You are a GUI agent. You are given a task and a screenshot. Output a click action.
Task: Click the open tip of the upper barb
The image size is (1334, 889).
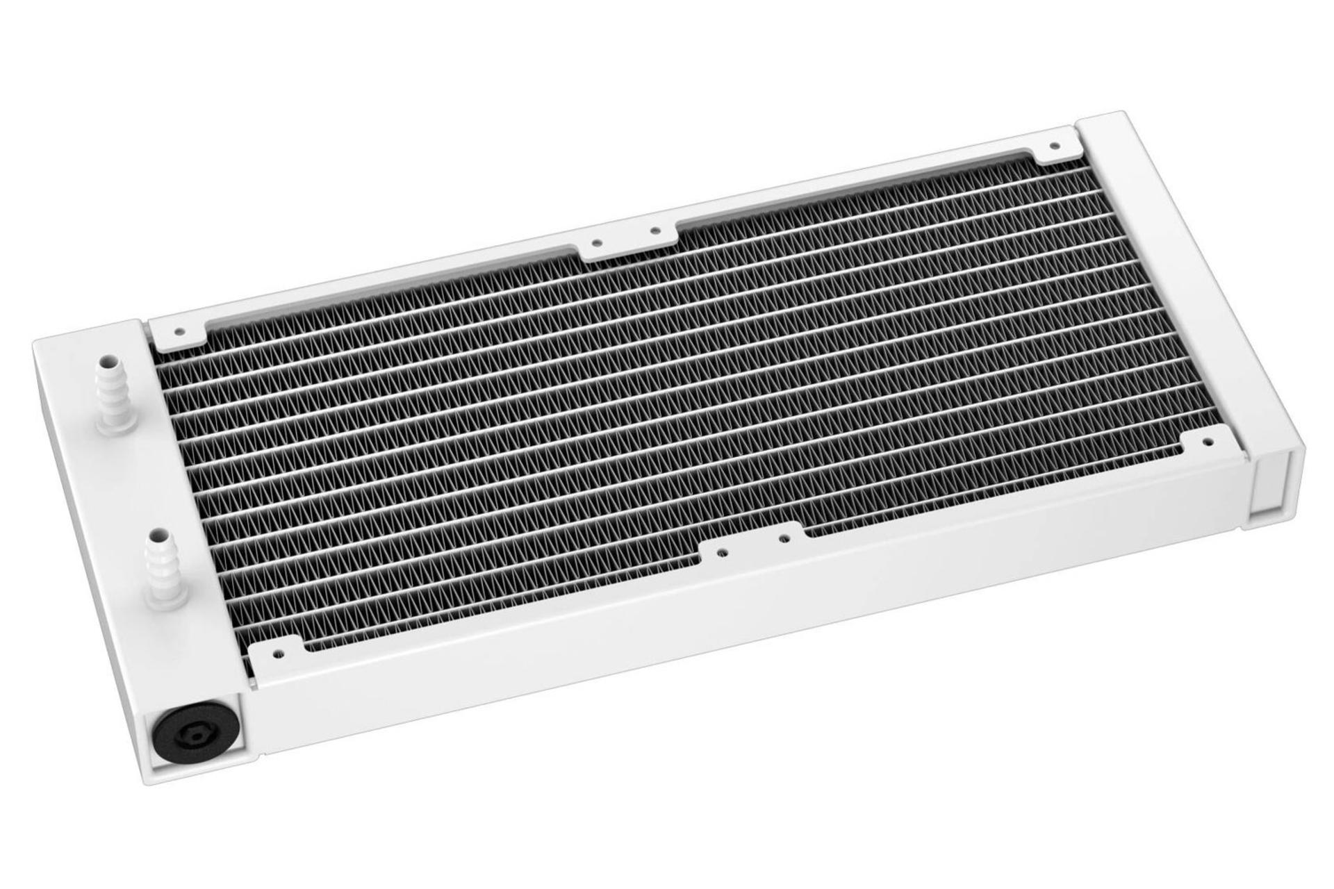click(107, 363)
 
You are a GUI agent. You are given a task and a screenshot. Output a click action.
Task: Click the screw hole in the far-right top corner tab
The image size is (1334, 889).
click(1054, 146)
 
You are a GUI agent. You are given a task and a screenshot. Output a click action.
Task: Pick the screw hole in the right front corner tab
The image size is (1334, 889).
click(1207, 440)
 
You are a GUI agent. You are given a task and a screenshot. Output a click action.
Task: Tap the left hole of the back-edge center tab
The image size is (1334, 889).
click(596, 243)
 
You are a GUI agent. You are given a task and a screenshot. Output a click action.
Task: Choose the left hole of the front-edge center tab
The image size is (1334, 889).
click(723, 554)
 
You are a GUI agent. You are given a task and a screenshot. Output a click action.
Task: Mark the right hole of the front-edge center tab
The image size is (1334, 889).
click(783, 537)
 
